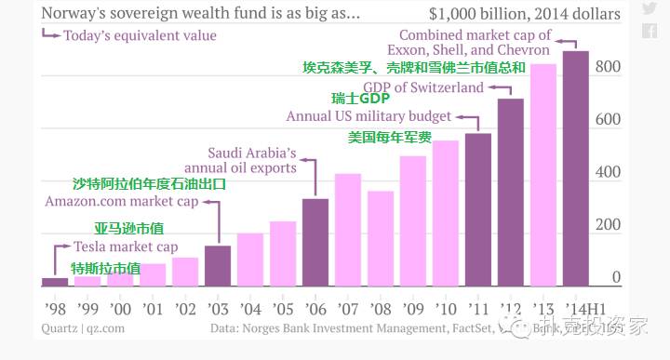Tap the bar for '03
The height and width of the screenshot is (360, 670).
(218, 266)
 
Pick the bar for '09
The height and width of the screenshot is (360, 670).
(413, 221)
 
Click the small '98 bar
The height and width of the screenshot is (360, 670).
(55, 282)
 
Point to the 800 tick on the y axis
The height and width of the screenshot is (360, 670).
(609, 67)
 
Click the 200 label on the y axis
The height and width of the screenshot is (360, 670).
(609, 225)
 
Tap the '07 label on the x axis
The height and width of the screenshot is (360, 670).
(348, 308)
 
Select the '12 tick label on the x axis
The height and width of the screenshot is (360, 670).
(511, 308)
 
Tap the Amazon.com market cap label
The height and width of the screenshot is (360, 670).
(121, 202)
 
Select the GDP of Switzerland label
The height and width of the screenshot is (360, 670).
(427, 87)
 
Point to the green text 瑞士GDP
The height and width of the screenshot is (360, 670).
(360, 100)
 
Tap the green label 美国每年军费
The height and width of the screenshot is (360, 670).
(390, 137)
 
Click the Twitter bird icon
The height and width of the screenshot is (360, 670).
(649, 10)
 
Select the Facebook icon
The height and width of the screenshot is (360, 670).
(649, 32)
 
